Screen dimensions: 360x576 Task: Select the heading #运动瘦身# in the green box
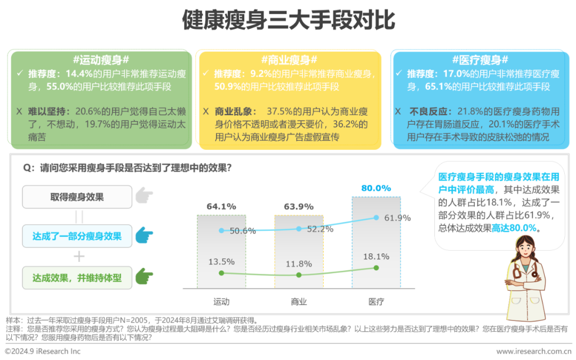tap(101, 59)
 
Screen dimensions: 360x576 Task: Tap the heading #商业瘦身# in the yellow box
tap(289, 59)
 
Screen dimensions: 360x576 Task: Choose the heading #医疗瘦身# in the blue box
tap(479, 59)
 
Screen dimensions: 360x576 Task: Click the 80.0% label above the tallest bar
tap(376, 188)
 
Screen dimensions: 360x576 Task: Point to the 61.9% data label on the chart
tap(397, 218)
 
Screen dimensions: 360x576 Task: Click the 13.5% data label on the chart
tap(221, 261)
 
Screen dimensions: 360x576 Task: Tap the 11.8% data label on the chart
tap(299, 263)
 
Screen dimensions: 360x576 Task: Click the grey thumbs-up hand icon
tap(143, 196)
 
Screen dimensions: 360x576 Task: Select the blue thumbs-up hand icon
tap(143, 235)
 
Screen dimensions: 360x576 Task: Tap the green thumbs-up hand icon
tap(143, 277)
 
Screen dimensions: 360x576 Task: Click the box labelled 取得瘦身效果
tap(77, 197)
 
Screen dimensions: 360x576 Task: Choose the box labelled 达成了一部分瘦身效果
tap(77, 236)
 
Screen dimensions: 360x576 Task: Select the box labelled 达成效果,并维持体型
tap(77, 278)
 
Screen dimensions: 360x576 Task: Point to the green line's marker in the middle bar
tap(299, 275)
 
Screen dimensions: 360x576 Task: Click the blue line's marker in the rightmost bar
tap(376, 218)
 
